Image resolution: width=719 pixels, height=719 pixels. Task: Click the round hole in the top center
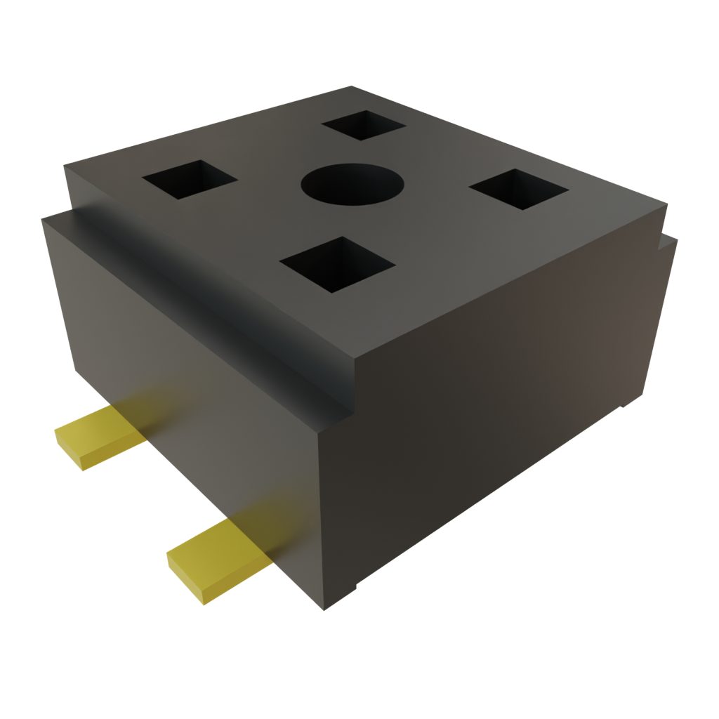coord(352,185)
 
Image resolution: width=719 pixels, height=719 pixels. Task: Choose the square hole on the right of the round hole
coord(518,189)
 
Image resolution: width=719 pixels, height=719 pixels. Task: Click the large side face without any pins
coord(492,421)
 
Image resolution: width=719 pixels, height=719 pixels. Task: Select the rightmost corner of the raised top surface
coord(666,205)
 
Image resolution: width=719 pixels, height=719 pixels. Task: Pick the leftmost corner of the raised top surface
coord(65,166)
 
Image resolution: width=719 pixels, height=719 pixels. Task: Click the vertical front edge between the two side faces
coord(320,520)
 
